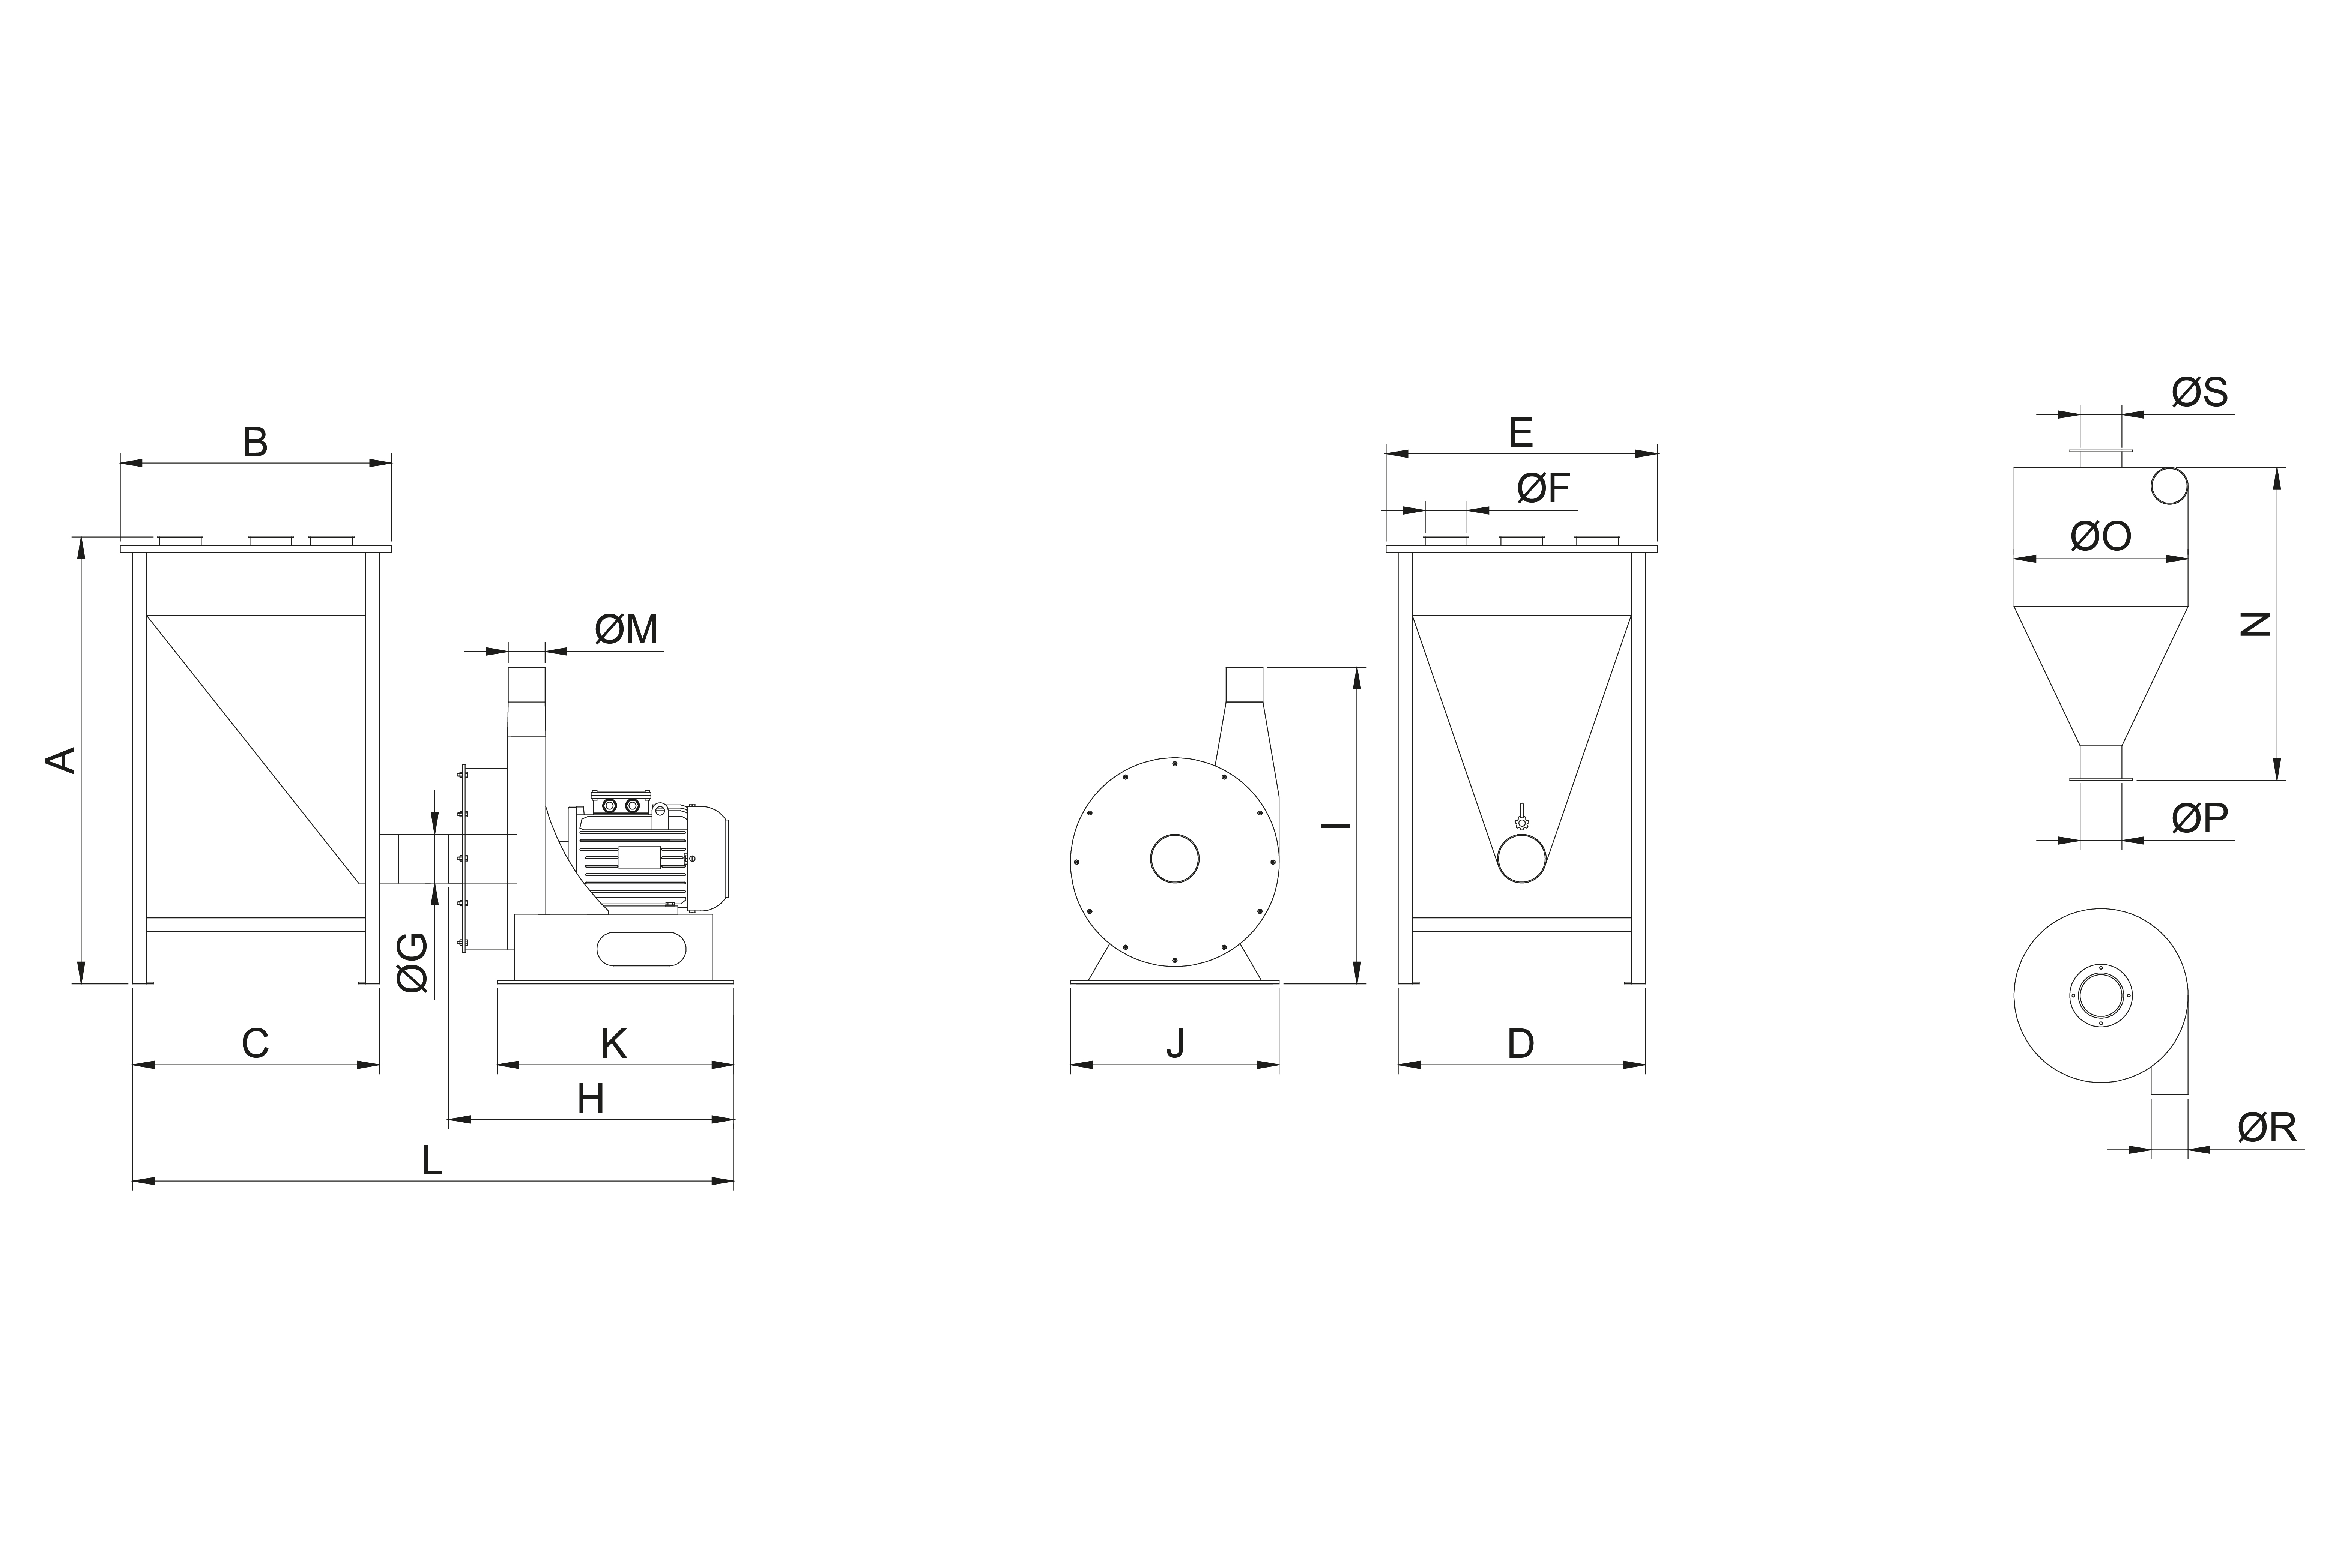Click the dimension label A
click(x=62, y=760)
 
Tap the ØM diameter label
click(x=627, y=630)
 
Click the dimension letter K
click(x=614, y=1044)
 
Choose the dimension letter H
click(x=591, y=1099)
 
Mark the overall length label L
click(x=432, y=1160)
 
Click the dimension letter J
click(x=1177, y=1044)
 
